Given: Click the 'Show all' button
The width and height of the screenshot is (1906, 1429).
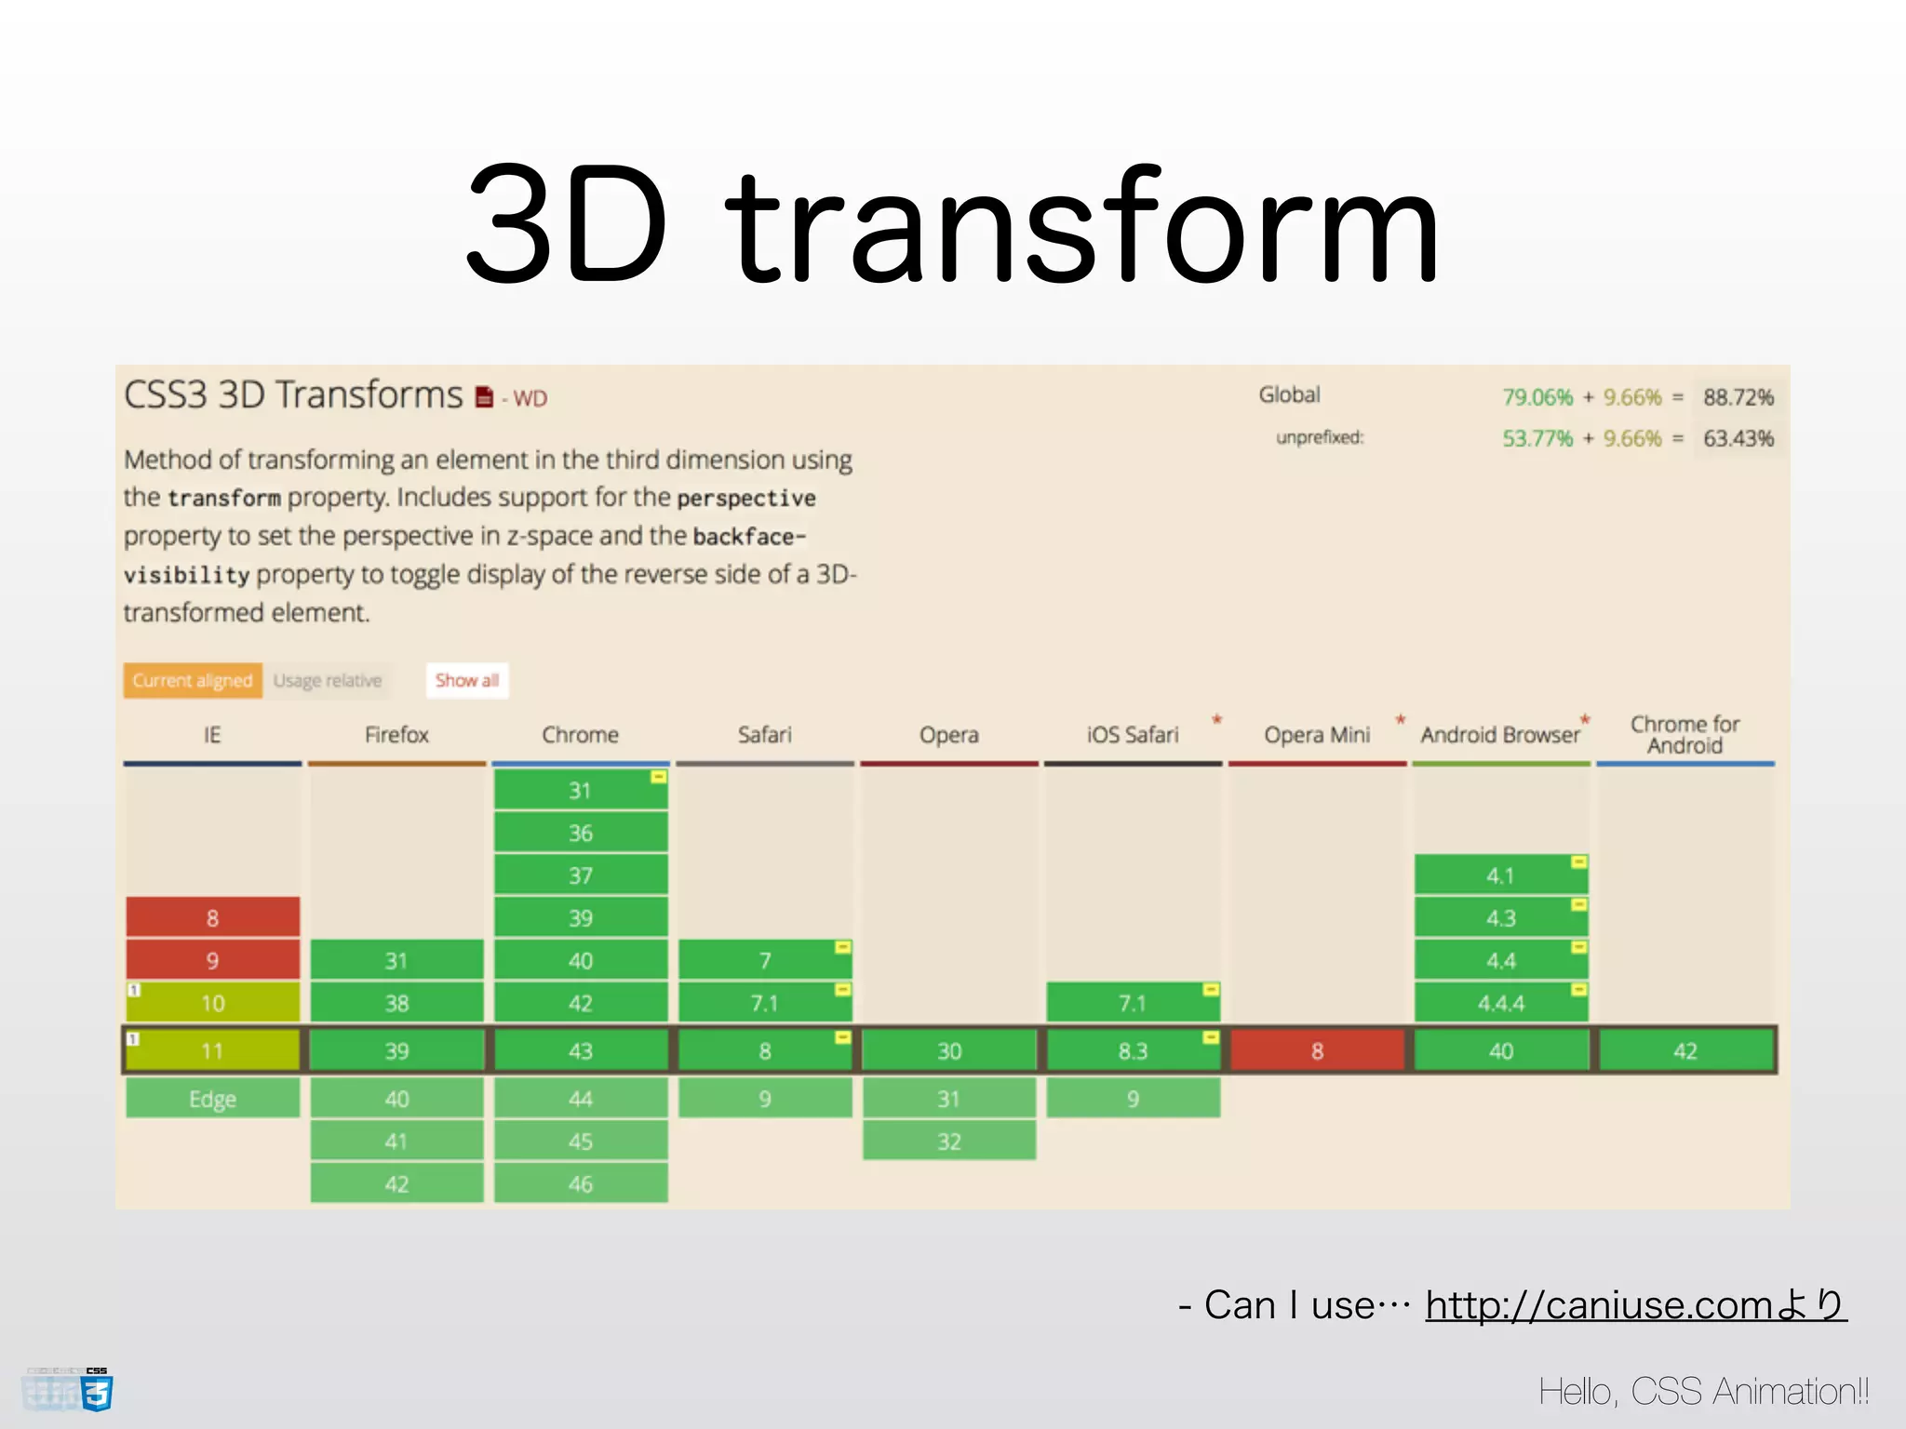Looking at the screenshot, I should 467,680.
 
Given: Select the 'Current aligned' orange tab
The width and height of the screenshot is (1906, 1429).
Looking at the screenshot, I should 193,680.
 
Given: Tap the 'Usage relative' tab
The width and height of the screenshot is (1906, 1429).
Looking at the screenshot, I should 328,680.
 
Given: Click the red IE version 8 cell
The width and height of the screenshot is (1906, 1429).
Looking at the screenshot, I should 212,917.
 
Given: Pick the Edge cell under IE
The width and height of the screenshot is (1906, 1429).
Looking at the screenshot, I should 212,1099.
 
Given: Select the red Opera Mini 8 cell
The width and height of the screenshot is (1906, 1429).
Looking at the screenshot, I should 1317,1050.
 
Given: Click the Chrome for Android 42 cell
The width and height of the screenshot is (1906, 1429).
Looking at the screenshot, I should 1685,1050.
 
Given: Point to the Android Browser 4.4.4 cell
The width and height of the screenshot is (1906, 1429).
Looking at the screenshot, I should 1500,1003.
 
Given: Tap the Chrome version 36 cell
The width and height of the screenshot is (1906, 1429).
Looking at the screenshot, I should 580,833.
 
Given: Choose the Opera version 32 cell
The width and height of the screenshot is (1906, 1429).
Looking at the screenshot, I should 948,1142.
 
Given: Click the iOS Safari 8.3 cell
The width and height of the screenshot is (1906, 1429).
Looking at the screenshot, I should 1133,1050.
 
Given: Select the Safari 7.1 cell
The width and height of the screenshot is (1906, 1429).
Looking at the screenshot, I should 764,1003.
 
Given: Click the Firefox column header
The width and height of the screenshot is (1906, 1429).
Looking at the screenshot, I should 396,735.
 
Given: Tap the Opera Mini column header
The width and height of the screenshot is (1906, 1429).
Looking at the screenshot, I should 1317,735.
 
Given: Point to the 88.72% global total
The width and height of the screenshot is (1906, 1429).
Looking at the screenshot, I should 1738,397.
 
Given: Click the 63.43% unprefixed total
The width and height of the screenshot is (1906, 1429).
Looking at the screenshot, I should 1738,438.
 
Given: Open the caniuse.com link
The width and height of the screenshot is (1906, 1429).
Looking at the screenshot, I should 1634,1305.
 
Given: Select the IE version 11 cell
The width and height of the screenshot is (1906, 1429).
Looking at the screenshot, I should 212,1050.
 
